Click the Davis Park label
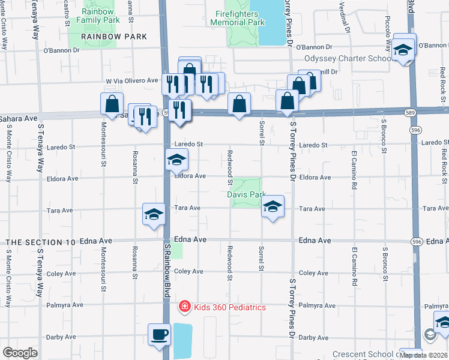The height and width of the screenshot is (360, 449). pos(246,194)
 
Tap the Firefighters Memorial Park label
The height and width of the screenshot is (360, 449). pos(237,17)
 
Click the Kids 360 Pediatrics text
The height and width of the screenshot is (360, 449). pos(229,307)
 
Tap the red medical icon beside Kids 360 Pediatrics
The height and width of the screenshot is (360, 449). pos(185,307)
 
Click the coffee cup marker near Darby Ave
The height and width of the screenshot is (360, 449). pos(160,334)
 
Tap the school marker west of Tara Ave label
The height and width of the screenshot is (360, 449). pos(154,214)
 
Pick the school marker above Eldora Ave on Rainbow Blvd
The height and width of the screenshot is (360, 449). pos(176,160)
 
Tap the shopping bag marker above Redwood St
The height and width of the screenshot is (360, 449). pos(239,104)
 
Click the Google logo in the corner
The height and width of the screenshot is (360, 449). pos(20,352)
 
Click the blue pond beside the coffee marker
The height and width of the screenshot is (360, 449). pos(182,341)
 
